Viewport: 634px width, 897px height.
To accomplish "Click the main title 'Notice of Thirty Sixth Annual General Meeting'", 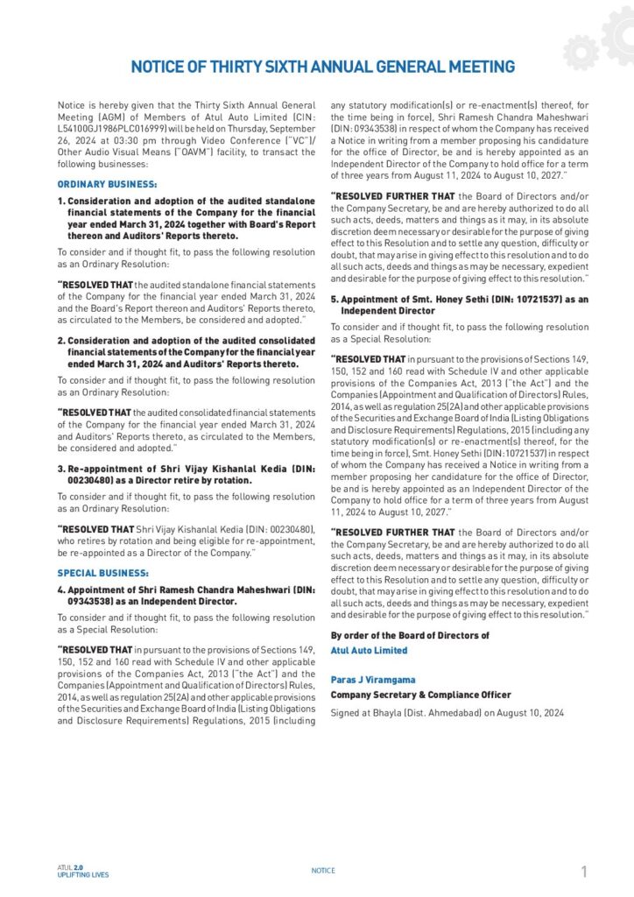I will click(x=322, y=67).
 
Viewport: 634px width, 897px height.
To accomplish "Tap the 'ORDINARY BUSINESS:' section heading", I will click(x=107, y=184).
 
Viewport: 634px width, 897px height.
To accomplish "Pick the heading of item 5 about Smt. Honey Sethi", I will click(x=459, y=305).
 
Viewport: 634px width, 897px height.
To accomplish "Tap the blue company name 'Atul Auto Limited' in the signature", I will click(x=369, y=651).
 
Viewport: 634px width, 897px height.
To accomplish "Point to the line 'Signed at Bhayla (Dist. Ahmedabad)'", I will click(x=447, y=713).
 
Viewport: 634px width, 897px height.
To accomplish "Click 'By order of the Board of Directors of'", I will click(x=409, y=635).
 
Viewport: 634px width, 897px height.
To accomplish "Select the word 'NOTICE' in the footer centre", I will click(x=323, y=871).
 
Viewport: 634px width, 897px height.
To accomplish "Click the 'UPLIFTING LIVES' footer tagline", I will click(x=83, y=875).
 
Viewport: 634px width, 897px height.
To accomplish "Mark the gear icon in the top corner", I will click(x=602, y=39).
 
